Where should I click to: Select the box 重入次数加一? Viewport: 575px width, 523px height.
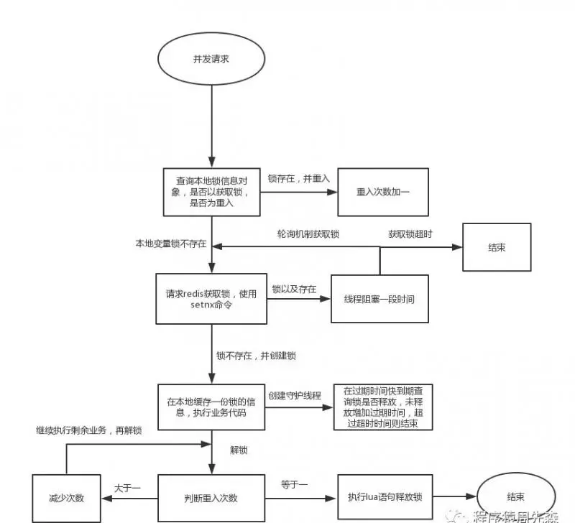[383, 192]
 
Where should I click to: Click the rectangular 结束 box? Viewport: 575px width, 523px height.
[496, 247]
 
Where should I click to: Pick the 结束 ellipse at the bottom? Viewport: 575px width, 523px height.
[514, 497]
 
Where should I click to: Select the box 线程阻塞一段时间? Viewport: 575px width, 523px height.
[379, 299]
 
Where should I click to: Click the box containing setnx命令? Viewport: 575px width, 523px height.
[208, 299]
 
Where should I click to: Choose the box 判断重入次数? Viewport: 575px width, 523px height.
[211, 498]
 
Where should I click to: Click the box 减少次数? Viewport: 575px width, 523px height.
[69, 498]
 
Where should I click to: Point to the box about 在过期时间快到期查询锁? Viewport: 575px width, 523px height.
[383, 407]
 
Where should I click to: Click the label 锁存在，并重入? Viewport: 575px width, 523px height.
[298, 177]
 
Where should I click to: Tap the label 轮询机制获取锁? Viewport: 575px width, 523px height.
[308, 235]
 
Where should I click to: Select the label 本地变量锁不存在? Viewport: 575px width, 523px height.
[171, 244]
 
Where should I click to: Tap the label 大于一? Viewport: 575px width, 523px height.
[127, 488]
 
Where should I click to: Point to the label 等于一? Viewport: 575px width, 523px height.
[295, 486]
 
